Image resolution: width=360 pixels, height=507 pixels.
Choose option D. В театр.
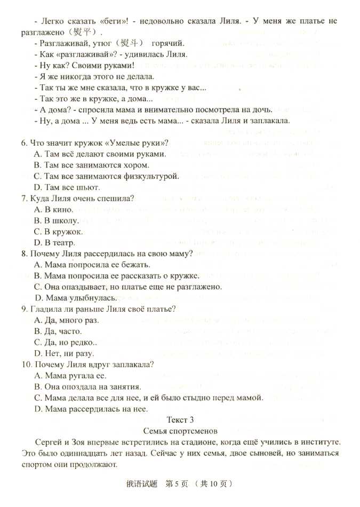pos(54,243)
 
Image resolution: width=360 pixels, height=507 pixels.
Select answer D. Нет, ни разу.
pos(65,353)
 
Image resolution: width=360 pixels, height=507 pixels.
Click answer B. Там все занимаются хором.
pos(91,165)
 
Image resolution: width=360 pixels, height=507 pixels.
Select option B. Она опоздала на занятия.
pos(87,386)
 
